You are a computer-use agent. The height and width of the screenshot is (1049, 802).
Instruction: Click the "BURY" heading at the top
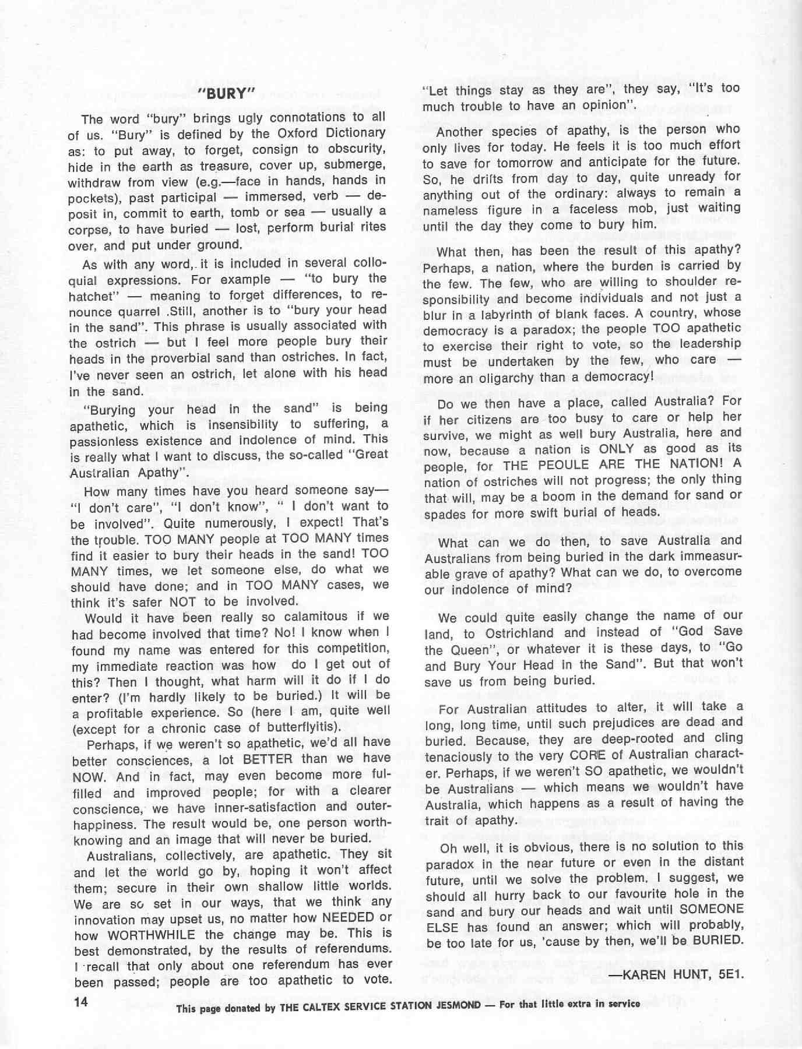tap(227, 94)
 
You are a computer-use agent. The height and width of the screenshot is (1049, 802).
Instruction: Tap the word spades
tap(442, 515)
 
